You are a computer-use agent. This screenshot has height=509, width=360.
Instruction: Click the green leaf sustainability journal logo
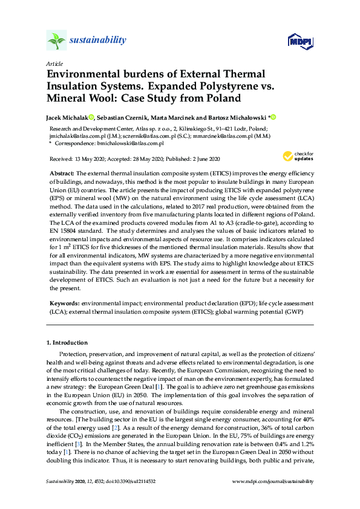(56, 41)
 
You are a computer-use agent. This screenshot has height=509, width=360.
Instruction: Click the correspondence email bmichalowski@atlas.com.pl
(131, 143)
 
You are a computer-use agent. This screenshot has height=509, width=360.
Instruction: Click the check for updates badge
(296, 157)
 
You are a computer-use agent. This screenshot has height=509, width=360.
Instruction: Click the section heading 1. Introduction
(67, 343)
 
